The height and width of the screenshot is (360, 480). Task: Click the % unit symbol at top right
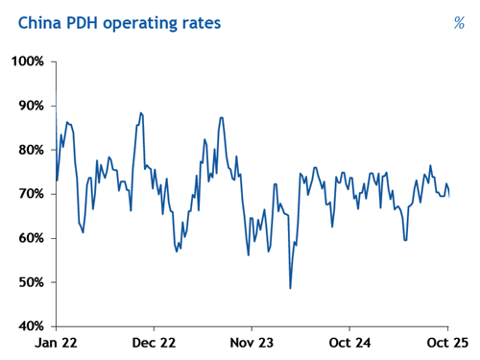[x=458, y=22]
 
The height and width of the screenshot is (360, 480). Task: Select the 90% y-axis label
[x=29, y=106]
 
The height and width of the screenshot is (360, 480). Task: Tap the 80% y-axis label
[x=29, y=150]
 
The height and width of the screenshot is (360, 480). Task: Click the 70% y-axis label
[x=29, y=194]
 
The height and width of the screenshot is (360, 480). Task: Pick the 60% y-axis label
[x=29, y=238]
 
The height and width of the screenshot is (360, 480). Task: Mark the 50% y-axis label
[x=29, y=282]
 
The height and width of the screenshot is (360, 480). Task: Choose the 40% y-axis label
[x=29, y=326]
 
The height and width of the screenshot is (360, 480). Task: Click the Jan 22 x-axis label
[x=56, y=342]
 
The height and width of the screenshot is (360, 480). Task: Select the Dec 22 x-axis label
[x=155, y=342]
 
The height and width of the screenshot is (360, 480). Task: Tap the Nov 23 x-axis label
[x=252, y=342]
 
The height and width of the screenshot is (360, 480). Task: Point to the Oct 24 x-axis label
[x=350, y=342]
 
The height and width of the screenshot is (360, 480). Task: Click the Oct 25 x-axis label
[x=445, y=342]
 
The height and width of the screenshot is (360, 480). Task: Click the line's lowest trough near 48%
[x=290, y=288]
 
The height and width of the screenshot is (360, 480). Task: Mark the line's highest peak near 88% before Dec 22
[x=141, y=112]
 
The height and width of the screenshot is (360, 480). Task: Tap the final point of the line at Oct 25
[x=449, y=195]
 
